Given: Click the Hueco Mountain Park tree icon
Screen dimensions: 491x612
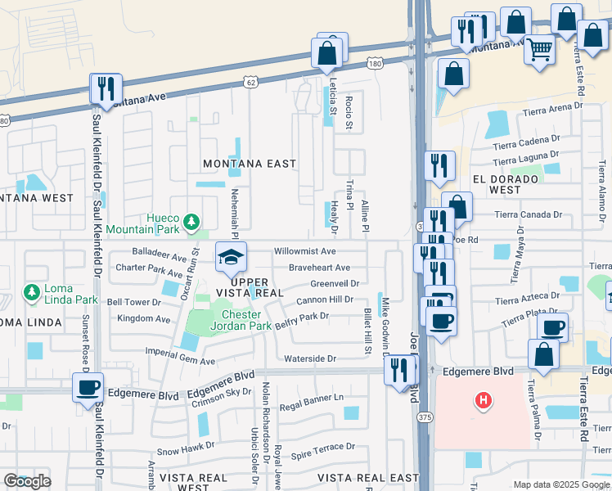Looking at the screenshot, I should tap(191, 222).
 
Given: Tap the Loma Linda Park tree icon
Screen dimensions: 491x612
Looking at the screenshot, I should tap(31, 292).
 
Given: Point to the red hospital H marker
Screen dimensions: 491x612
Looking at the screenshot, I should tap(484, 400).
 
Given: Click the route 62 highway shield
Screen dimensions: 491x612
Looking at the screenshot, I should tap(250, 82).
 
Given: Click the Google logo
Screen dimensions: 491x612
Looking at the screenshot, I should tap(27, 481).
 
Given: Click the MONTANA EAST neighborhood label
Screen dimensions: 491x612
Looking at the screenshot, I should tap(250, 164).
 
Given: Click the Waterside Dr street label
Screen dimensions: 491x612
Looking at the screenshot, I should tap(309, 358).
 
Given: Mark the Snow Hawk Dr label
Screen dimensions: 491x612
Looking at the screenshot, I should tap(185, 450).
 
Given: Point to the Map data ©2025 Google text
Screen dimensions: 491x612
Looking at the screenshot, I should tap(560, 484).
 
